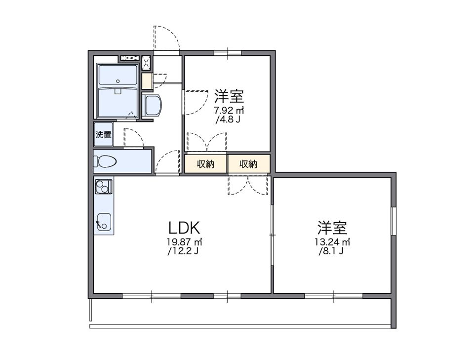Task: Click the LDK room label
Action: (x=184, y=228)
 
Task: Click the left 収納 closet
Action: (x=206, y=164)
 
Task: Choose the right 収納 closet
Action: (x=249, y=164)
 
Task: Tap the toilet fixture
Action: (x=105, y=161)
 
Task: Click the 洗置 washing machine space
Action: (x=104, y=134)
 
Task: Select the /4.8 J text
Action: (x=228, y=120)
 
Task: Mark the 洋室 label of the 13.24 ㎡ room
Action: (x=332, y=228)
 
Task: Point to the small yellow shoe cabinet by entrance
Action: (x=147, y=81)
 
